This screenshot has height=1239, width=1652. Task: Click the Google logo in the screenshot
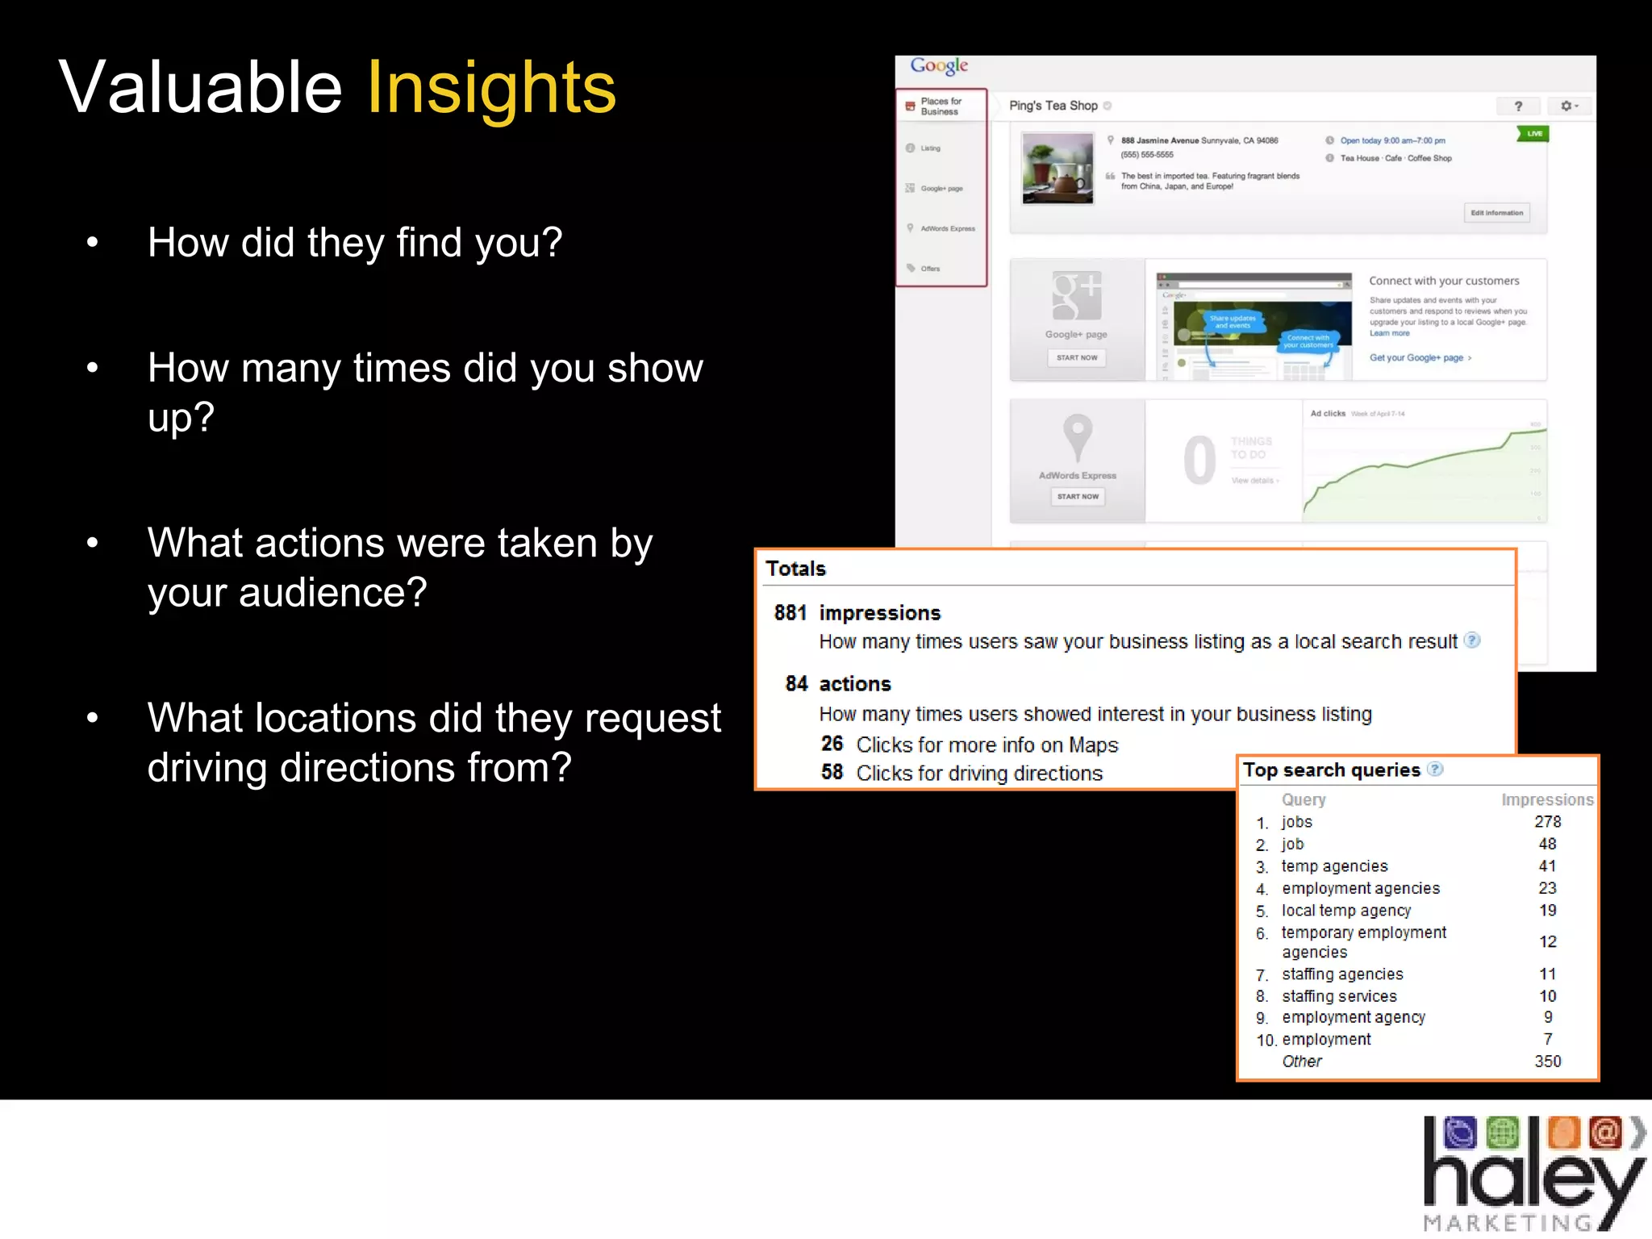tap(939, 65)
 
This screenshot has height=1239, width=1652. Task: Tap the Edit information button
tap(1496, 213)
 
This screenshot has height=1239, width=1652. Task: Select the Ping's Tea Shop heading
tap(1053, 106)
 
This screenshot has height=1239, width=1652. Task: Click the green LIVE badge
tap(1533, 134)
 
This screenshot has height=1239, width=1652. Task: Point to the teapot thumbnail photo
tap(1058, 169)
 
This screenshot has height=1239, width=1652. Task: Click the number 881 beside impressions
tap(790, 613)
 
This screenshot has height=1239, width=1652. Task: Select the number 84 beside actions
tap(796, 684)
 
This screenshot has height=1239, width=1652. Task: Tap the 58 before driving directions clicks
tap(832, 773)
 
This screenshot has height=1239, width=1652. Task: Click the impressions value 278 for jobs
tap(1547, 822)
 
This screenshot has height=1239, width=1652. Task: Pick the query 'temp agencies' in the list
tap(1334, 866)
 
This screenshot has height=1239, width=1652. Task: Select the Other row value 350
tap(1547, 1062)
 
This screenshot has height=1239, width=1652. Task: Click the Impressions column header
tap(1547, 799)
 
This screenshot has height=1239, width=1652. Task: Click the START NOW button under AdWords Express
tap(1078, 497)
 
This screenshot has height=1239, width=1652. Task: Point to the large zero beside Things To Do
tap(1199, 461)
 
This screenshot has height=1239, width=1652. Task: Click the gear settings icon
tap(1567, 106)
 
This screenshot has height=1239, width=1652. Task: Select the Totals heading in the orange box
tap(795, 569)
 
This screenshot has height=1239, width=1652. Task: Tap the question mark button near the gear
tap(1518, 106)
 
